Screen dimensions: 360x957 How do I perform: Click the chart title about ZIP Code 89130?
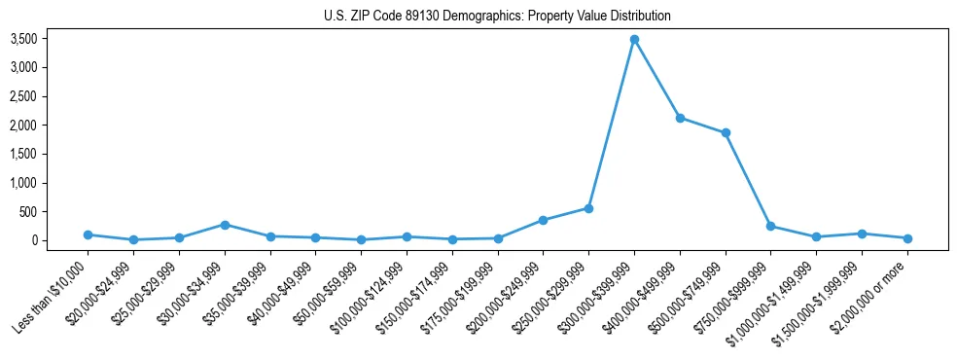[x=497, y=16]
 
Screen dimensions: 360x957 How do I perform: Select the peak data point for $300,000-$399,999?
[x=634, y=40]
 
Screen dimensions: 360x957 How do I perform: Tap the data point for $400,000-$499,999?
[x=680, y=118]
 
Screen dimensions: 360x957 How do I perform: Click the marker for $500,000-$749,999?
[x=726, y=133]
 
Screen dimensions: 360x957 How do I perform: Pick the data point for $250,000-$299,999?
[x=588, y=208]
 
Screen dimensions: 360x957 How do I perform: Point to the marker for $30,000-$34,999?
[x=225, y=225]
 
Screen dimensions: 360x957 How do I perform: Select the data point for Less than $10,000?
[x=89, y=234]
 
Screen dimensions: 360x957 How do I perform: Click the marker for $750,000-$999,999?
[x=770, y=226]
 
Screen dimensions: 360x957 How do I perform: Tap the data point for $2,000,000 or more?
[x=907, y=238]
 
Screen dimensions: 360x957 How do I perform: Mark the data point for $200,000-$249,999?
[x=543, y=220]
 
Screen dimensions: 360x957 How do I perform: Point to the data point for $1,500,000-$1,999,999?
[x=862, y=234]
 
